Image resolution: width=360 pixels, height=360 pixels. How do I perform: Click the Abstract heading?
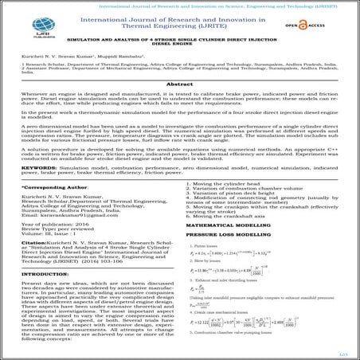(x=180, y=107)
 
